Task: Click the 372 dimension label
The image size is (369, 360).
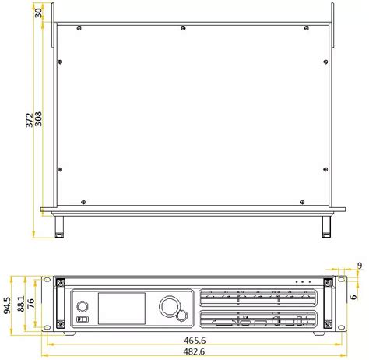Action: [30, 119]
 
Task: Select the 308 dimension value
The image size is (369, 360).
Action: [39, 119]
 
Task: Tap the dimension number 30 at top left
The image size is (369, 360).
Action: [38, 13]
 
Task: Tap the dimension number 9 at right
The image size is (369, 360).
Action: [359, 266]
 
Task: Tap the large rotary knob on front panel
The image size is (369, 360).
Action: [169, 306]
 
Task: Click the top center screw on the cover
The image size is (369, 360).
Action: [183, 29]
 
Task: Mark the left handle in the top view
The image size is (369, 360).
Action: [59, 225]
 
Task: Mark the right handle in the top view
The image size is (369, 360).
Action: [326, 225]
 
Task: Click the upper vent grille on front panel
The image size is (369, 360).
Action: [258, 299]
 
